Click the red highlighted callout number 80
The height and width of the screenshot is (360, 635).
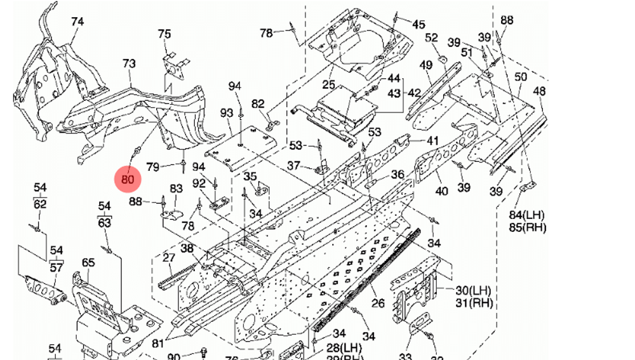[x=128, y=179]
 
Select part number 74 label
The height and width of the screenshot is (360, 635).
[x=77, y=22]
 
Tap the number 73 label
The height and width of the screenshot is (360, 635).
[x=129, y=63]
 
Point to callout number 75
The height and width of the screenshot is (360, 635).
[x=164, y=34]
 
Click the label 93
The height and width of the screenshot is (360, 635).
[x=227, y=113]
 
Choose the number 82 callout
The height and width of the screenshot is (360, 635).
[x=258, y=103]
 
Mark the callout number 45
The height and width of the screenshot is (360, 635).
[x=418, y=25]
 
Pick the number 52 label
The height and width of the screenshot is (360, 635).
[x=432, y=38]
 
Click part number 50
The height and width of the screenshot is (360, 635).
[x=521, y=77]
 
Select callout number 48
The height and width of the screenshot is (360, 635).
[x=539, y=91]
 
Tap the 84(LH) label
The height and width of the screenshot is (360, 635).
[x=527, y=216]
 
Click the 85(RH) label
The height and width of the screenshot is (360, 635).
[x=527, y=227]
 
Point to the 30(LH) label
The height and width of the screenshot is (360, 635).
[x=474, y=291]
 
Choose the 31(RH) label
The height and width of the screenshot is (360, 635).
[x=474, y=303]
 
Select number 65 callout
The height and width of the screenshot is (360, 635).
[x=88, y=262]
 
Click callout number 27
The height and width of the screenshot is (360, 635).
[x=168, y=258]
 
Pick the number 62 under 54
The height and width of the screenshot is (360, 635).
[x=40, y=204]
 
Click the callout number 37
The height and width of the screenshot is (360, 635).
[x=293, y=166]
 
